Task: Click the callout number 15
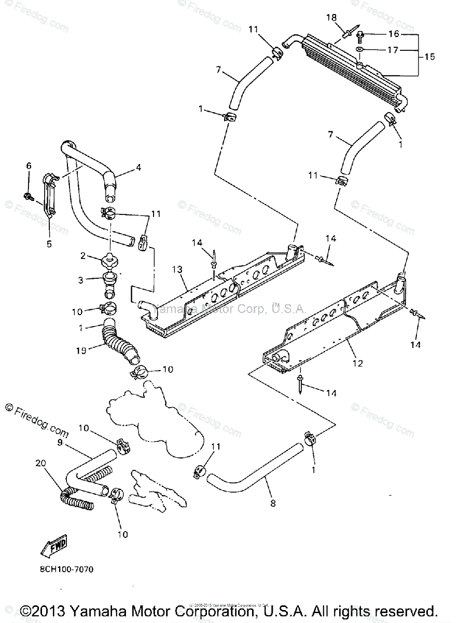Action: pyautogui.click(x=429, y=57)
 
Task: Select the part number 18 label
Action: pyautogui.click(x=331, y=18)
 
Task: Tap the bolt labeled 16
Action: pyautogui.click(x=360, y=36)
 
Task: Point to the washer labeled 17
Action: pyautogui.click(x=359, y=50)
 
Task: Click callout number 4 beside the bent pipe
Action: pyautogui.click(x=138, y=167)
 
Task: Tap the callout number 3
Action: pyautogui.click(x=81, y=280)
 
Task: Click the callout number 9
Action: pyautogui.click(x=60, y=443)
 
